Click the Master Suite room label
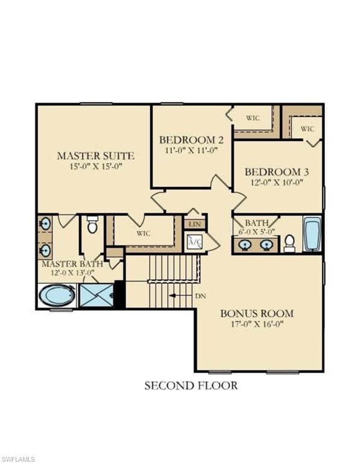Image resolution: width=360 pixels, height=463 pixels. (96, 156)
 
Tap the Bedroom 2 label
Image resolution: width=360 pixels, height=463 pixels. (191, 140)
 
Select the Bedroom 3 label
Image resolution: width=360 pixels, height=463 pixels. (277, 172)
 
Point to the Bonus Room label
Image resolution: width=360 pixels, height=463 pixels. (257, 313)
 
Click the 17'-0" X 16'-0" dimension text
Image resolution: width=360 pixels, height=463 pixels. (257, 324)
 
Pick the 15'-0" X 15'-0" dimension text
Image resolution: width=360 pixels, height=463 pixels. (96, 166)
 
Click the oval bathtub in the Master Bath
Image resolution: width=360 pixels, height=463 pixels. (57, 295)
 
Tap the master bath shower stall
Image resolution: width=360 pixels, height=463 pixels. (97, 295)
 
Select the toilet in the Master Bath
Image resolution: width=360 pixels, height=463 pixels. (92, 224)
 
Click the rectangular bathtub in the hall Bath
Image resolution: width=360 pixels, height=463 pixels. (312, 234)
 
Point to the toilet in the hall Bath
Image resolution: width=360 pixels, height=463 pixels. (289, 244)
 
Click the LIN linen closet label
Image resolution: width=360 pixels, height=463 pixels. (195, 224)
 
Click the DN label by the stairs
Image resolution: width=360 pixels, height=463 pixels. (201, 296)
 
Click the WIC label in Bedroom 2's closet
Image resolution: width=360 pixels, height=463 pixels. (253, 118)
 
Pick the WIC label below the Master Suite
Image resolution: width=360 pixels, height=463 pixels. (144, 233)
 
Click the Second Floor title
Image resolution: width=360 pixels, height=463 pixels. (191, 386)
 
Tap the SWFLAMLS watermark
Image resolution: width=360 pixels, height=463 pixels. (17, 459)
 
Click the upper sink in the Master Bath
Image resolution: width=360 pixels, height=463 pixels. (45, 224)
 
